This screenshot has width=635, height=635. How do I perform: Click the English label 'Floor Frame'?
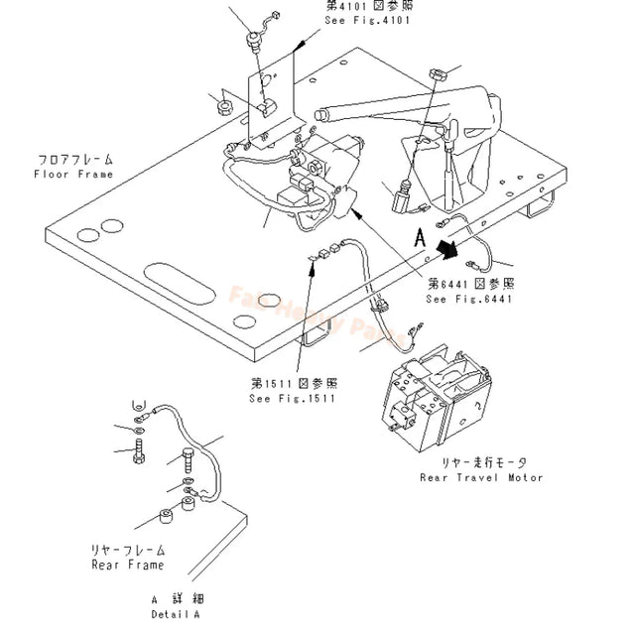coord(73,174)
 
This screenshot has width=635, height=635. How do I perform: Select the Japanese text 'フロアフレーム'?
coord(75,159)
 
